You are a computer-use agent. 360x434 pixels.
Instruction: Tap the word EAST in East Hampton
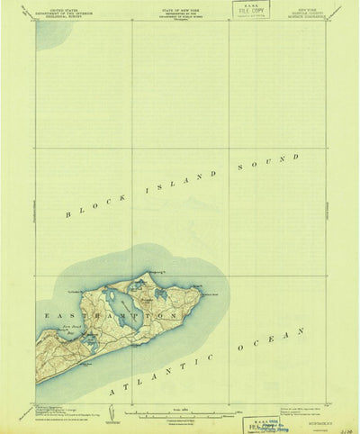click(55, 315)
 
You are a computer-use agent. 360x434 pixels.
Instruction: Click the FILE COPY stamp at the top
click(253, 12)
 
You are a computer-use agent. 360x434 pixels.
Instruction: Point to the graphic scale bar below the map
click(180, 414)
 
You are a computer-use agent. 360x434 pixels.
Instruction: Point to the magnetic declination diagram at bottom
click(108, 414)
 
